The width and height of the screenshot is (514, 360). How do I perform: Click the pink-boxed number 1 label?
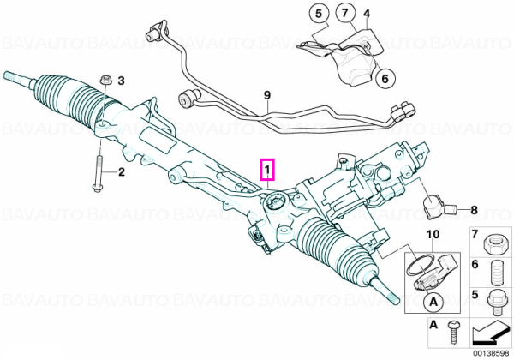coord(267,171)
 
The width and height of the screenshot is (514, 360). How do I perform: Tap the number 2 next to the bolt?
coord(122,171)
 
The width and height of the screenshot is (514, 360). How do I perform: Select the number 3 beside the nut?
coord(121,81)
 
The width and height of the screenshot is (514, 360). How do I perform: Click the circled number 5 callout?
coord(319,14)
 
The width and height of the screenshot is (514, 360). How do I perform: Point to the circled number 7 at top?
coord(345,14)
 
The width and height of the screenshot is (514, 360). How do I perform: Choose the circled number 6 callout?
coord(385,78)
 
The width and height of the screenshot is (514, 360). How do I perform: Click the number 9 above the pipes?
coord(267,95)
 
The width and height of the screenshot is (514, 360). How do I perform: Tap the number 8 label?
coord(474,210)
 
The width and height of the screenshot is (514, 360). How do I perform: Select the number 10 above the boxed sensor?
coord(433,234)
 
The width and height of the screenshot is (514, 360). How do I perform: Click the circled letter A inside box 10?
coord(433,302)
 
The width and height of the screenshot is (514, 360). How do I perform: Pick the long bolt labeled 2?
coord(98,173)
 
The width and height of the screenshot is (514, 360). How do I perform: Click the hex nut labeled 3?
coord(105,80)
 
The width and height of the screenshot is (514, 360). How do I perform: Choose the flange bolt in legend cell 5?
coord(494,302)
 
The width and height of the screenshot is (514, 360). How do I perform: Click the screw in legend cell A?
coord(455,332)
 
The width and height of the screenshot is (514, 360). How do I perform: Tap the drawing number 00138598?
coord(492,354)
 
